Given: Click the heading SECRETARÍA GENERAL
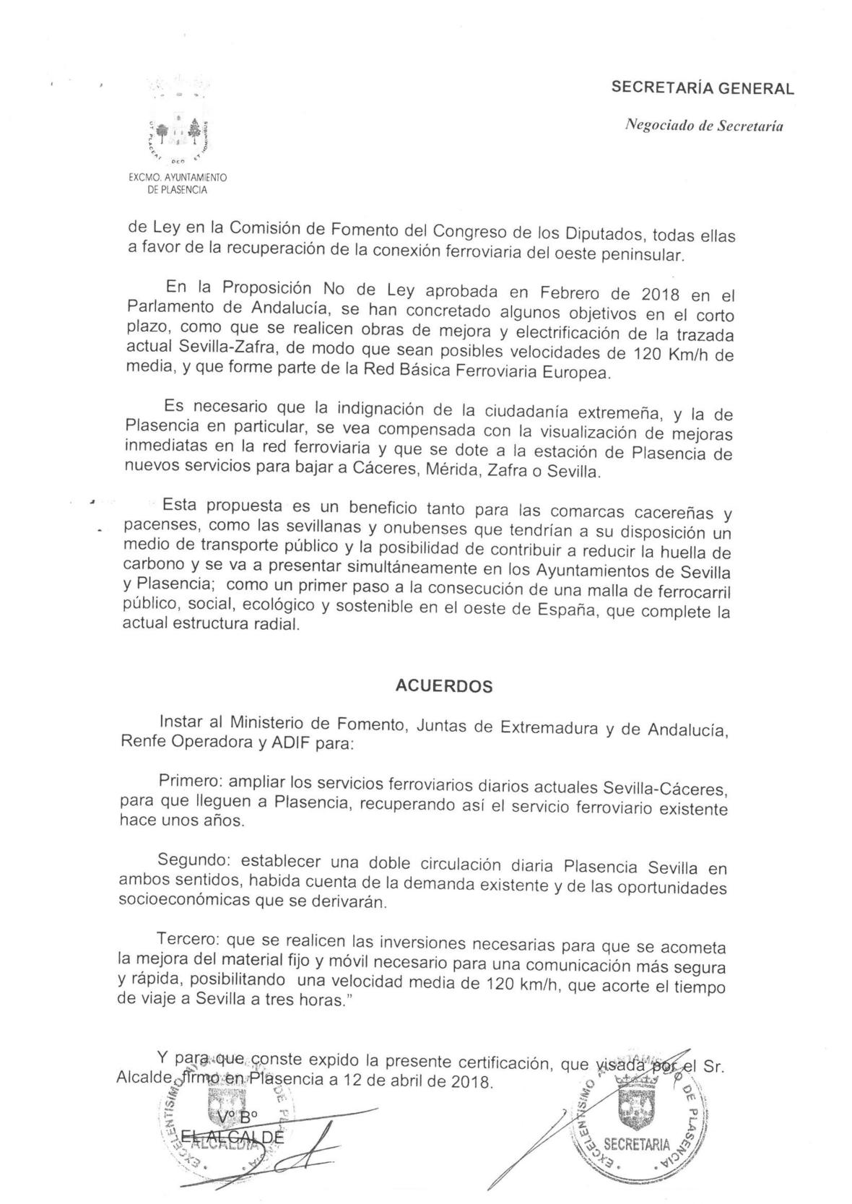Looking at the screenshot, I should click(x=702, y=88).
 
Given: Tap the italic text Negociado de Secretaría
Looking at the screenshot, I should click(x=704, y=126).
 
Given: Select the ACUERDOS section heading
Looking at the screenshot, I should click(x=444, y=686).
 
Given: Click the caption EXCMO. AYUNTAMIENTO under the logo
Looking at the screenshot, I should click(x=178, y=176).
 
